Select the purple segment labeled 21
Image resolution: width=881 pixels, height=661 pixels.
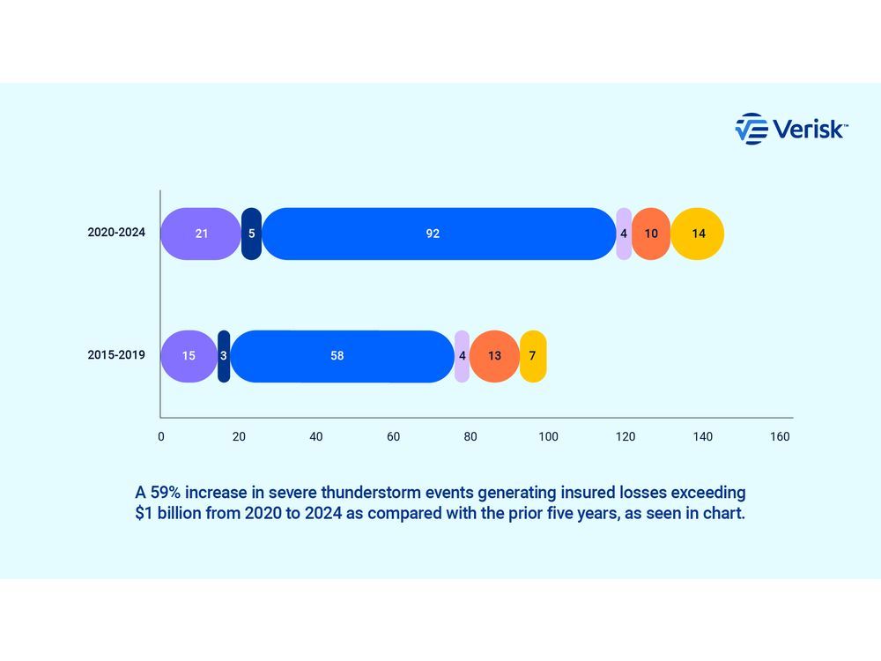click(x=200, y=234)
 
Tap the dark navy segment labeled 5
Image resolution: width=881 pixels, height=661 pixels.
click(x=251, y=234)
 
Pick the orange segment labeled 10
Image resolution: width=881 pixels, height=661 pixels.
click(x=651, y=234)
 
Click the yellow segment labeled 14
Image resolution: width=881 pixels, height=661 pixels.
click(x=698, y=234)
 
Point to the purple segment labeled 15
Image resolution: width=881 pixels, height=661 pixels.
click(x=189, y=356)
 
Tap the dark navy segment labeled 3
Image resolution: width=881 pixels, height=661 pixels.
click(x=224, y=356)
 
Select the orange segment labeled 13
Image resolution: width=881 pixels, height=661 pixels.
click(x=494, y=356)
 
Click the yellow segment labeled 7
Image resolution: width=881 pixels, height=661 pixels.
click(x=533, y=356)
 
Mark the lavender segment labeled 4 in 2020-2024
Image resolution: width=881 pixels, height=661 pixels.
click(x=624, y=234)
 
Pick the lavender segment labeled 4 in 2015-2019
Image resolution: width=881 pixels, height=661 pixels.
click(x=462, y=356)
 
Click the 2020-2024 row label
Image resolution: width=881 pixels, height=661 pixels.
click(x=115, y=234)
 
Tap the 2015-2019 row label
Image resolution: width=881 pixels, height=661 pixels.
click(x=115, y=356)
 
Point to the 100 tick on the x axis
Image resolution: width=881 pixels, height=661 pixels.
click(x=548, y=436)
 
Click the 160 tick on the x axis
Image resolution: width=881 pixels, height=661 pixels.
click(x=780, y=436)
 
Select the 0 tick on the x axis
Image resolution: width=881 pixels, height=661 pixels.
click(x=160, y=436)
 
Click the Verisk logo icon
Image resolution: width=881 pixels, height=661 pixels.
click(x=751, y=129)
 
